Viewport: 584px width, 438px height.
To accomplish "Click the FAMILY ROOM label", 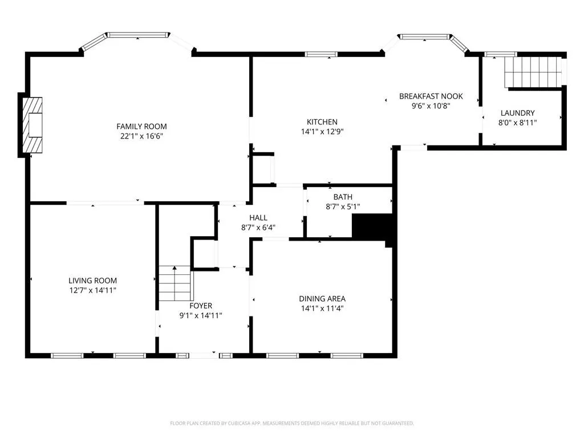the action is point(141,127).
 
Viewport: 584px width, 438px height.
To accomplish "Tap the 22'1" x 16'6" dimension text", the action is point(141,136).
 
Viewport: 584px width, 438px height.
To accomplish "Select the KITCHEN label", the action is point(322,122).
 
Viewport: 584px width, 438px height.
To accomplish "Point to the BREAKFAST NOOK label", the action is point(431,96).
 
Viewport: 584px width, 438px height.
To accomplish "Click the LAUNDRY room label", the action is point(518,113).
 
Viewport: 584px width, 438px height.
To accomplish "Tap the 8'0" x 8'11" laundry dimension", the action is point(518,123).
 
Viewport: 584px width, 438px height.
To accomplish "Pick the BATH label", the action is point(343,197).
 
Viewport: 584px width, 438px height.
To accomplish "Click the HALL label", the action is point(258,218).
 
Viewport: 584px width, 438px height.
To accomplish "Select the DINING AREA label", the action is point(322,299).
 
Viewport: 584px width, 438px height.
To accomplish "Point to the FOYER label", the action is point(201,306).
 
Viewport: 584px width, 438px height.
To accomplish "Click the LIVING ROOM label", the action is point(93,281).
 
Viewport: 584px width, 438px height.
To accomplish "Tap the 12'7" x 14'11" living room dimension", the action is point(93,290).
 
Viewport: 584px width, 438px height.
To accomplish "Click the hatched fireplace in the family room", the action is point(33,125).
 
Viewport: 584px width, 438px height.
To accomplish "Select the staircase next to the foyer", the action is point(175,283).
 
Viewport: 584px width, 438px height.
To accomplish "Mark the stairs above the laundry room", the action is point(533,72).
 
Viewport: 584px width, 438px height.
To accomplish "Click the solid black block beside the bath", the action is point(372,227).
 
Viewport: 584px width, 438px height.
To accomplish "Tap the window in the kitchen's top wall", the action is point(321,54).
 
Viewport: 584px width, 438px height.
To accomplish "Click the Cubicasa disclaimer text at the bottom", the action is point(292,424).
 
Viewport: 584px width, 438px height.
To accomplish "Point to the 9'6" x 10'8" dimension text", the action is point(431,106).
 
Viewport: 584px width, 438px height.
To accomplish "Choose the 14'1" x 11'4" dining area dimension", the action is point(322,309).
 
